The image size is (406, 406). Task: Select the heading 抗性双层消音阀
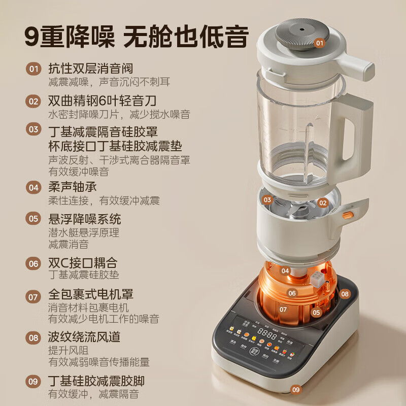point(90,69)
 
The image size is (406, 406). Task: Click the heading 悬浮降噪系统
point(84,219)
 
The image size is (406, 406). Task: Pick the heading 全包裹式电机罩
point(90,294)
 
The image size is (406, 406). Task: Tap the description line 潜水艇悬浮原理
point(83,233)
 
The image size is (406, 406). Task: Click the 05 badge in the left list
point(33,219)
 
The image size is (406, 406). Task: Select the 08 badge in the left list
point(33,336)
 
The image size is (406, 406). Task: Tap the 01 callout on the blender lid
point(319,43)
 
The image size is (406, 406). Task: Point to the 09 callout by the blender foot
point(295,390)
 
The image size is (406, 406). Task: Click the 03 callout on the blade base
point(267,199)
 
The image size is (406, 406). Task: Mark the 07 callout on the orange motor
point(283,309)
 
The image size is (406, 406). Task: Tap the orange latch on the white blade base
point(347,215)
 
